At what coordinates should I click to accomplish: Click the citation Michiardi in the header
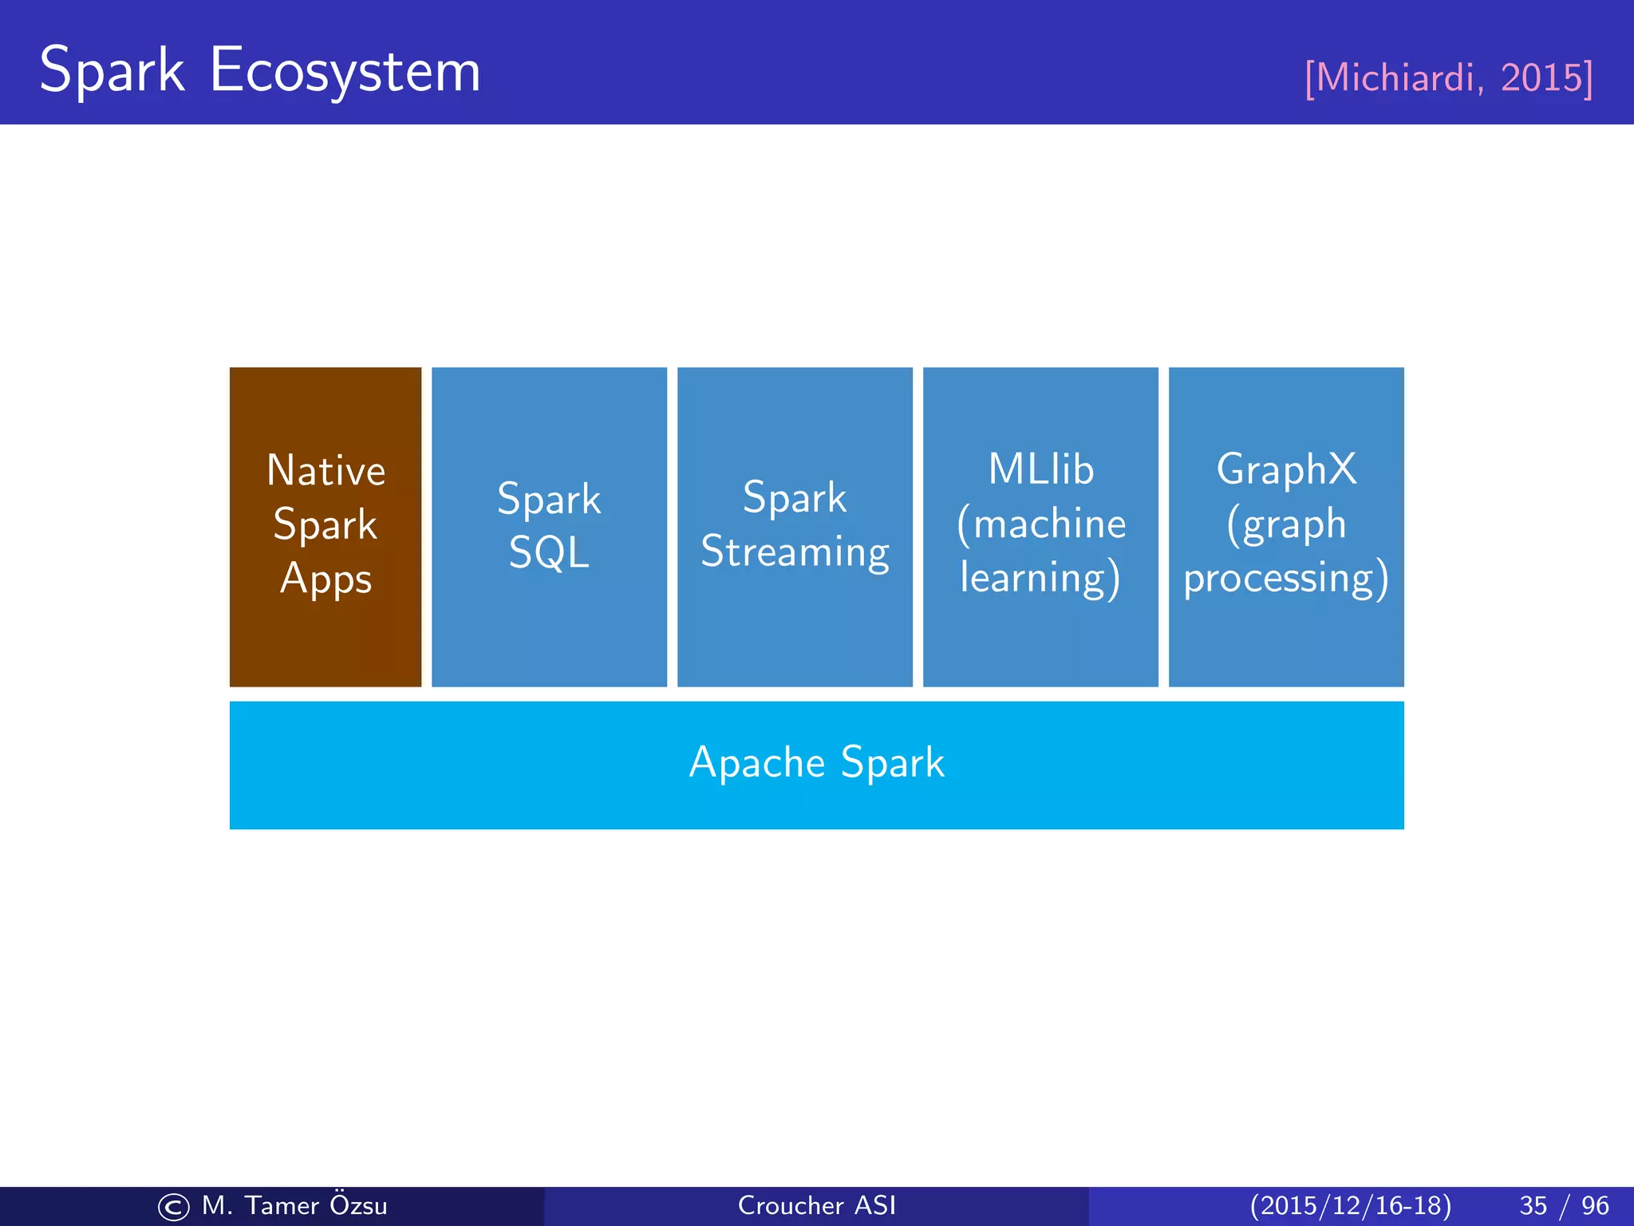click(1392, 78)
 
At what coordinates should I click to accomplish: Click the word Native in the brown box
click(326, 470)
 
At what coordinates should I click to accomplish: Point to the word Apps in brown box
click(326, 579)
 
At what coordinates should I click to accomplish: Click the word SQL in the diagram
click(549, 552)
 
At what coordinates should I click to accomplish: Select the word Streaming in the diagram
click(795, 552)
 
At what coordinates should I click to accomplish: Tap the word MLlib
click(1040, 469)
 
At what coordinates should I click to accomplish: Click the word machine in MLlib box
click(1049, 524)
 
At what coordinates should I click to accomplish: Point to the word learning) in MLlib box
click(1040, 578)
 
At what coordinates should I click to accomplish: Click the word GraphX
click(1286, 469)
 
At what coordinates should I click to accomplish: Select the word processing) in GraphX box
click(1286, 578)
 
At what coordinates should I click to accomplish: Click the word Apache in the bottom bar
click(757, 763)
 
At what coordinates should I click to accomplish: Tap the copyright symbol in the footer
click(173, 1207)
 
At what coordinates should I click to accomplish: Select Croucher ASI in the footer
click(817, 1205)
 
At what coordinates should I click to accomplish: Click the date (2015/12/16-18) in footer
click(1350, 1205)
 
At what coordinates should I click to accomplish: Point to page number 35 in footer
click(1533, 1205)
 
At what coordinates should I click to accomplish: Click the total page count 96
click(1595, 1205)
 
